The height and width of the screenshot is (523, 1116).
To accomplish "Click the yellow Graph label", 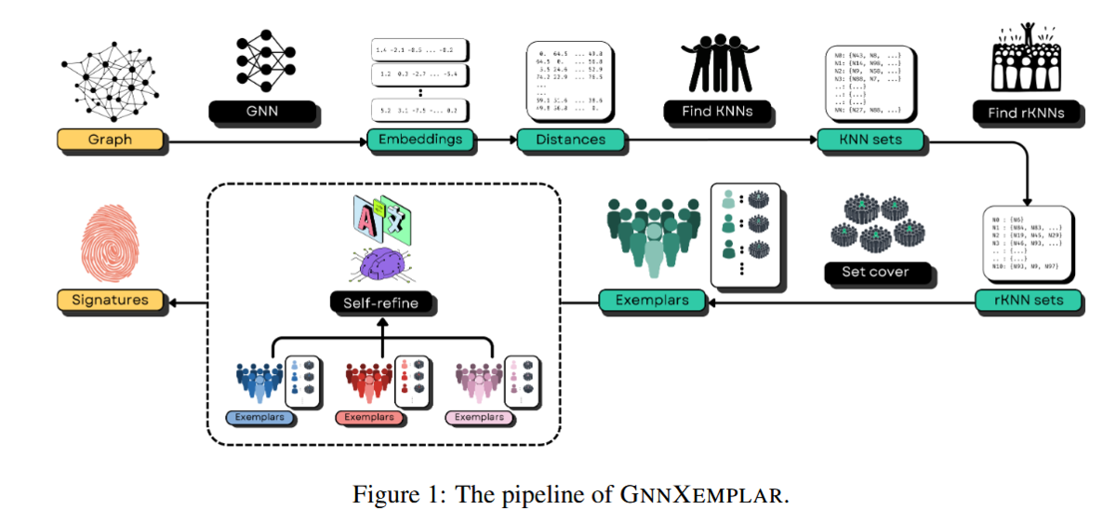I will point(110,141).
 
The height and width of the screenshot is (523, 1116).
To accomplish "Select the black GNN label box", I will point(265,113).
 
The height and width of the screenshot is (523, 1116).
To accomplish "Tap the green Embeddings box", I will point(420,141).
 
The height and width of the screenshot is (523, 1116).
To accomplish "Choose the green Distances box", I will point(571,141).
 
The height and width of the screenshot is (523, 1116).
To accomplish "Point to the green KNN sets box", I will point(871,141).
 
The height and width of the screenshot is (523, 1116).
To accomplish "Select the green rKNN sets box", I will point(1030,301).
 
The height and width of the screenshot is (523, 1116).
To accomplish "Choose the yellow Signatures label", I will point(110,301).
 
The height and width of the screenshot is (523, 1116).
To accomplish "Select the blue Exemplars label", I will point(261,417).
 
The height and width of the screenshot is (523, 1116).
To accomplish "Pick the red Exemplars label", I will point(369,417).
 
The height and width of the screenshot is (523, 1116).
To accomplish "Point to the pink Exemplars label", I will point(480,417).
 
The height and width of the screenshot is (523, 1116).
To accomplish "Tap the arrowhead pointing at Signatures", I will point(174,301).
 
